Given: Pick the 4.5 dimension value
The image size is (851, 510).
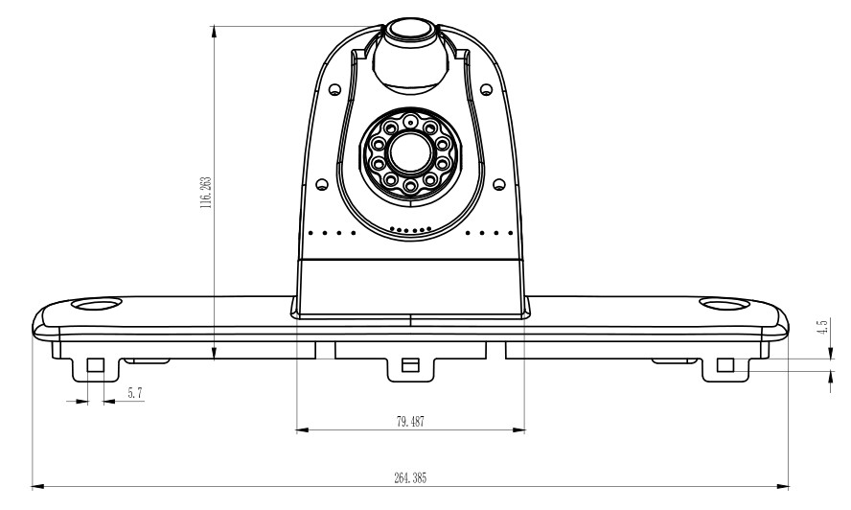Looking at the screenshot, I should coord(821,328).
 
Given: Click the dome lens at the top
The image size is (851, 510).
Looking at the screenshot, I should coord(412,31).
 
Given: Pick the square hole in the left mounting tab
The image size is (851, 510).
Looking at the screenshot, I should coord(95,365).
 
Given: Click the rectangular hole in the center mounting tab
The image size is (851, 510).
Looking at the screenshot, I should coord(409,364).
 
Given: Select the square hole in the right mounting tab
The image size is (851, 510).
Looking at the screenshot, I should coord(725,365).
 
